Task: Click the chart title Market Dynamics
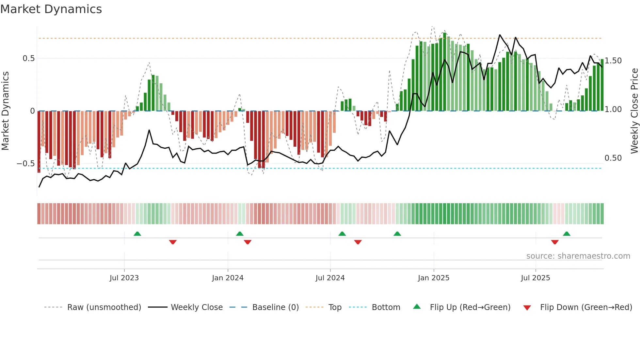point(51,9)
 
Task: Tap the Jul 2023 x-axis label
point(124,278)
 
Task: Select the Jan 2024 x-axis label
point(228,278)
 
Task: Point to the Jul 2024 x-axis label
point(330,278)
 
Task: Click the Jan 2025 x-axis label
point(434,278)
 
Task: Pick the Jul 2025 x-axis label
point(536,278)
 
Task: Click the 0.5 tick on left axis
point(28,58)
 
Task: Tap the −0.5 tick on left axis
point(26,164)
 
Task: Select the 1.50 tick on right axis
point(613,61)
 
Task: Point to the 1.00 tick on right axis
point(613,109)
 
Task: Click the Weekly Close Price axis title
point(634,111)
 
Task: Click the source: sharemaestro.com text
point(578,256)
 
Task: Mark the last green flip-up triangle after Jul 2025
point(567,234)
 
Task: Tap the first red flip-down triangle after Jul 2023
point(173,242)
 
